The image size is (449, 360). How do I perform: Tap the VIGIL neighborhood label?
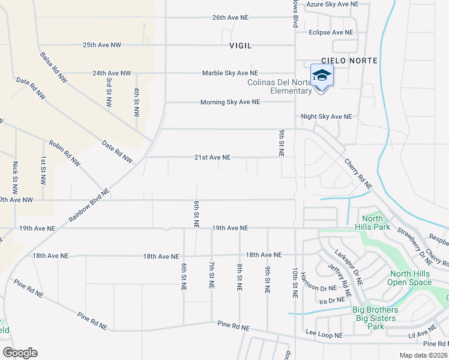click(241, 46)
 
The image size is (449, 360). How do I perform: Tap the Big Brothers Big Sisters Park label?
click(375, 319)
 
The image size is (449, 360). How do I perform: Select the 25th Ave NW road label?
click(102, 45)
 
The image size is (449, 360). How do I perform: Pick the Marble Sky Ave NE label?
click(230, 73)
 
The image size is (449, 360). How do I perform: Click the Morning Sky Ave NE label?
click(230, 103)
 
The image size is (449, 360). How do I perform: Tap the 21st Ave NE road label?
click(212, 157)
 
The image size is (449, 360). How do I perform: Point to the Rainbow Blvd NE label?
click(89, 206)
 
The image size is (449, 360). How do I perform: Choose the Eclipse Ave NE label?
click(330, 32)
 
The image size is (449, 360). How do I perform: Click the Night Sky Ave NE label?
click(326, 116)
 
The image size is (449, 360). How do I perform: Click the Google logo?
click(20, 352)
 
